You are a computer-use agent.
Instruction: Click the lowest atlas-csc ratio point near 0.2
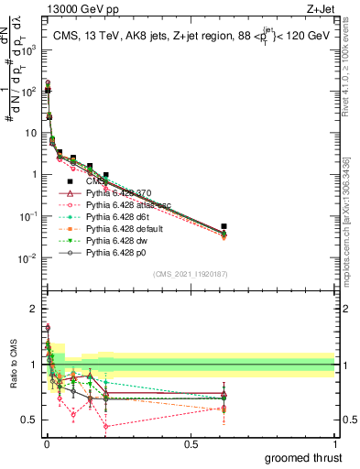tap(106, 427)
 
